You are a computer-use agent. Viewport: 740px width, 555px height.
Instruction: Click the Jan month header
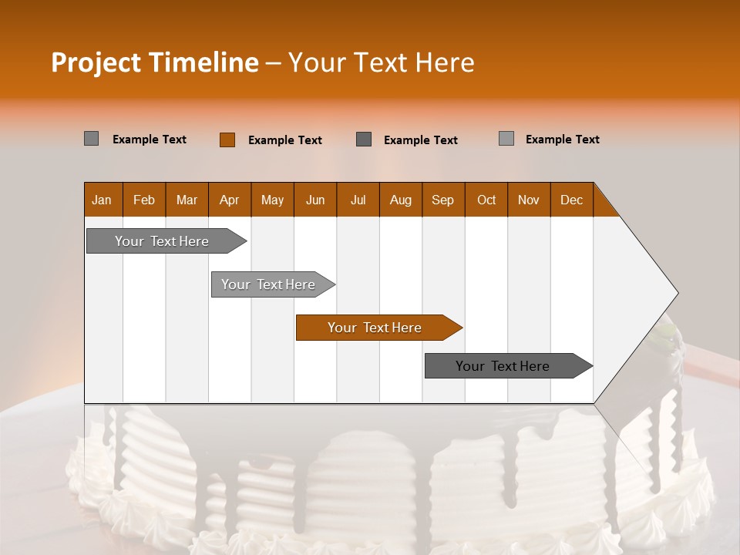(x=102, y=200)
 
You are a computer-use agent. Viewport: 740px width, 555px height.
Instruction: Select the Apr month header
(x=229, y=200)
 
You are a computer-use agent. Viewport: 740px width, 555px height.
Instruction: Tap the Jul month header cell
(x=358, y=200)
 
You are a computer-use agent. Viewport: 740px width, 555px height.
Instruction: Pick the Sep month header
(x=442, y=200)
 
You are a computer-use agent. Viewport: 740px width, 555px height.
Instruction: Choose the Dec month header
(x=571, y=200)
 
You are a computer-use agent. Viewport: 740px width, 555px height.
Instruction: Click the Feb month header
(x=144, y=200)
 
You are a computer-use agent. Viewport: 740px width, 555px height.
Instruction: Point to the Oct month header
(x=486, y=200)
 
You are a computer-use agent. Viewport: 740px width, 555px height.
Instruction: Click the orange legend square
(x=227, y=140)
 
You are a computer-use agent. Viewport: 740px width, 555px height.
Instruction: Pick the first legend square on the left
(x=91, y=139)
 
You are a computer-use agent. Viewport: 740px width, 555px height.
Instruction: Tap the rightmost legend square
(x=506, y=139)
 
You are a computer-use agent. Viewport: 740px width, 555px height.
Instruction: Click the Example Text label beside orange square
(x=284, y=140)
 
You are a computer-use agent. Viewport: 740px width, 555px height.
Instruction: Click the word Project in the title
(x=95, y=62)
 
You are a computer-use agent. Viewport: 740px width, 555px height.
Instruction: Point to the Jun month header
(x=315, y=200)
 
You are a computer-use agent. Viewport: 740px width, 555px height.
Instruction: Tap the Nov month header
(x=529, y=200)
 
